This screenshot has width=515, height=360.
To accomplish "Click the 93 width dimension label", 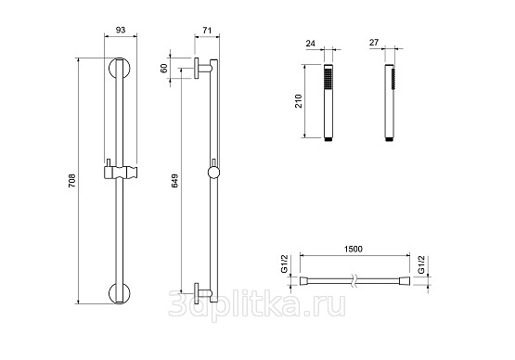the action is point(121,30).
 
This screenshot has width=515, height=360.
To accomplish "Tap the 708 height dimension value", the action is point(71,181).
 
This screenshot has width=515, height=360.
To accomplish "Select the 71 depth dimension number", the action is point(207,31).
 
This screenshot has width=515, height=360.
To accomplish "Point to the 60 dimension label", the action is point(164,68).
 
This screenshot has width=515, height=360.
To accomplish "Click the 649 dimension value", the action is point(174,181).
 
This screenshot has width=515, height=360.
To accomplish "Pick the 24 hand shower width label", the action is point(310,44).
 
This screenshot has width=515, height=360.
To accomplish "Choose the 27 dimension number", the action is point(374,43).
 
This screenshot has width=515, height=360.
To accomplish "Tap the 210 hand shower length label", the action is point(299,101).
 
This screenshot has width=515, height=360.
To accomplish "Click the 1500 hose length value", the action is point(354,249).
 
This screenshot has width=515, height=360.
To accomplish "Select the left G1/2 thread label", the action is point(284,264).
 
